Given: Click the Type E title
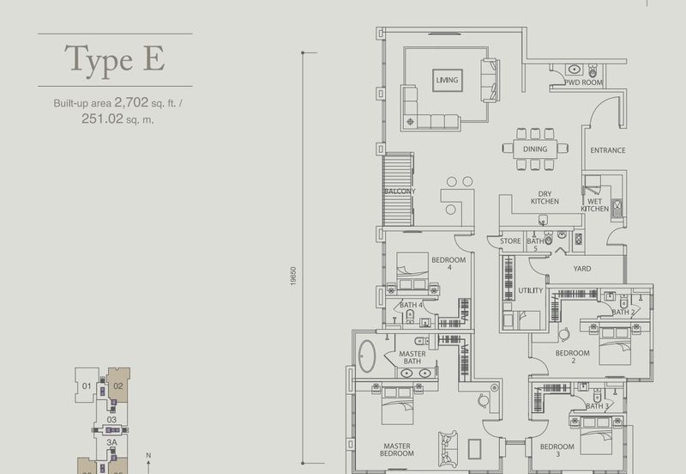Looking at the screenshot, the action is [115, 60].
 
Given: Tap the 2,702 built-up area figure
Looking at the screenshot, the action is [131, 102].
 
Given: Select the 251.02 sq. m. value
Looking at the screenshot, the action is [117, 118].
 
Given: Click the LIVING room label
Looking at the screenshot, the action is [447, 80].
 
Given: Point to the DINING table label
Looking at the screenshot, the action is [535, 149].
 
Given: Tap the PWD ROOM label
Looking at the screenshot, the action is [584, 82].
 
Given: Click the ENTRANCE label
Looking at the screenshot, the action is [608, 150].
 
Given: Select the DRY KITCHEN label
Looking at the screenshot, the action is [545, 197].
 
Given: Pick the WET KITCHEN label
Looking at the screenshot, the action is [594, 205].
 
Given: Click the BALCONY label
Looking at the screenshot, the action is [400, 191].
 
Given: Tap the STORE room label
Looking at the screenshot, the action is [510, 241].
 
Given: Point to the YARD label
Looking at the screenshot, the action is [582, 269].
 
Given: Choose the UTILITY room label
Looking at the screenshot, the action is [530, 290].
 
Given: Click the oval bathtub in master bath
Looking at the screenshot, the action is [367, 356].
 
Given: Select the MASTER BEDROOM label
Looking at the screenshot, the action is [397, 450].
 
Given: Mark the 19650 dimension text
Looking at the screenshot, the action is [293, 276].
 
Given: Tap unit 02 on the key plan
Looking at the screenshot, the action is [118, 386].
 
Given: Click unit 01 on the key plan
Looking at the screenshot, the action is [87, 386].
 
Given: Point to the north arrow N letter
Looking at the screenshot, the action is [148, 456].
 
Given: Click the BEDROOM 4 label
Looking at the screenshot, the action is [448, 264].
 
